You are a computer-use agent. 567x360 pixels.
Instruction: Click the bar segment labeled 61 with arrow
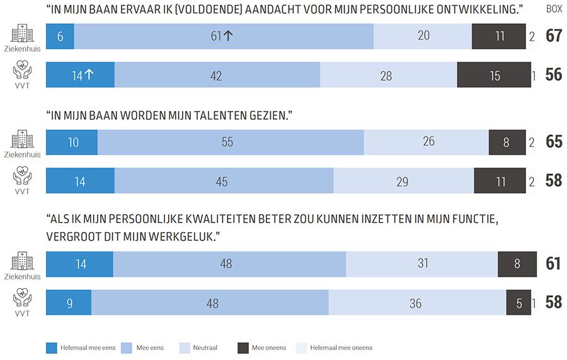coord(224,37)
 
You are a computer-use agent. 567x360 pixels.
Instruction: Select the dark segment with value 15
coord(494,76)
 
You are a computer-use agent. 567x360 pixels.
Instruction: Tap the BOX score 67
coord(554,37)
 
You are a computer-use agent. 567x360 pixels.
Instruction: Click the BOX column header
coord(554,9)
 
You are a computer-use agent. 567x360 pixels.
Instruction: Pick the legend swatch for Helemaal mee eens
coord(52,347)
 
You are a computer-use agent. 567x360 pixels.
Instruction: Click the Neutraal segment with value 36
coord(416,303)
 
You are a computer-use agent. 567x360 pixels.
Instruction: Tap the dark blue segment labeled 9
coord(69,303)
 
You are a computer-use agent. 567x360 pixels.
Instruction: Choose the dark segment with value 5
coord(518,303)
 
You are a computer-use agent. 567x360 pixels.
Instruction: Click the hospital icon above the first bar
coord(22,33)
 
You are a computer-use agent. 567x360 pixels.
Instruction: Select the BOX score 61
coord(554,264)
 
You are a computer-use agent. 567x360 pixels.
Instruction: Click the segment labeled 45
coord(224,182)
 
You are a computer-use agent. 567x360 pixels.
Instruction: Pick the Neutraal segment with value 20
coord(423,37)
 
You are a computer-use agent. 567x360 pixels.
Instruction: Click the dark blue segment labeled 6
coord(60,37)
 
